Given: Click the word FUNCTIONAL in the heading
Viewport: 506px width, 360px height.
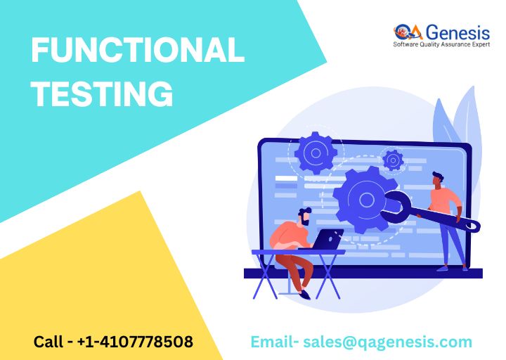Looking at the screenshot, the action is (x=138, y=49).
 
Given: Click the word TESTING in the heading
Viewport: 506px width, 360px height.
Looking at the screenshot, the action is (x=102, y=94).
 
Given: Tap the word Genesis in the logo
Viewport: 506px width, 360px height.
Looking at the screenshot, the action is (x=458, y=32).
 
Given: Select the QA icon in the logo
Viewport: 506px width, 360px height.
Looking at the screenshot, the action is (x=408, y=32).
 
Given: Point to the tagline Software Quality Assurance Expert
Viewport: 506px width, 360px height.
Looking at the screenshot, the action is (x=441, y=44).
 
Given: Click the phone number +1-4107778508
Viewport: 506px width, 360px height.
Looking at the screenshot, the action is (x=135, y=342).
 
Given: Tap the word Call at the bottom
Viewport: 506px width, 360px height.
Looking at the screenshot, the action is (x=48, y=342).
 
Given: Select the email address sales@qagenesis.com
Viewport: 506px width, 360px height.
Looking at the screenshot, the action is (x=387, y=342).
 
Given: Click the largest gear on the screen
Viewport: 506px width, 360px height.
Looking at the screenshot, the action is (x=365, y=200).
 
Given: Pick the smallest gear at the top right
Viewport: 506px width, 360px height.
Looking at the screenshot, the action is (x=393, y=160).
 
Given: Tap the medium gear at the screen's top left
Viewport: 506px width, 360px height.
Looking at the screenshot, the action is (x=316, y=153).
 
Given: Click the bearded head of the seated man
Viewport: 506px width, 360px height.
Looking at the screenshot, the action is (x=304, y=217).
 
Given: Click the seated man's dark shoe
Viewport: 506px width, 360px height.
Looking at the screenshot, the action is (x=304, y=294).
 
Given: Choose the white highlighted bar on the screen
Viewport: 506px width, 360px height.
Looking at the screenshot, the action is (x=286, y=178).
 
